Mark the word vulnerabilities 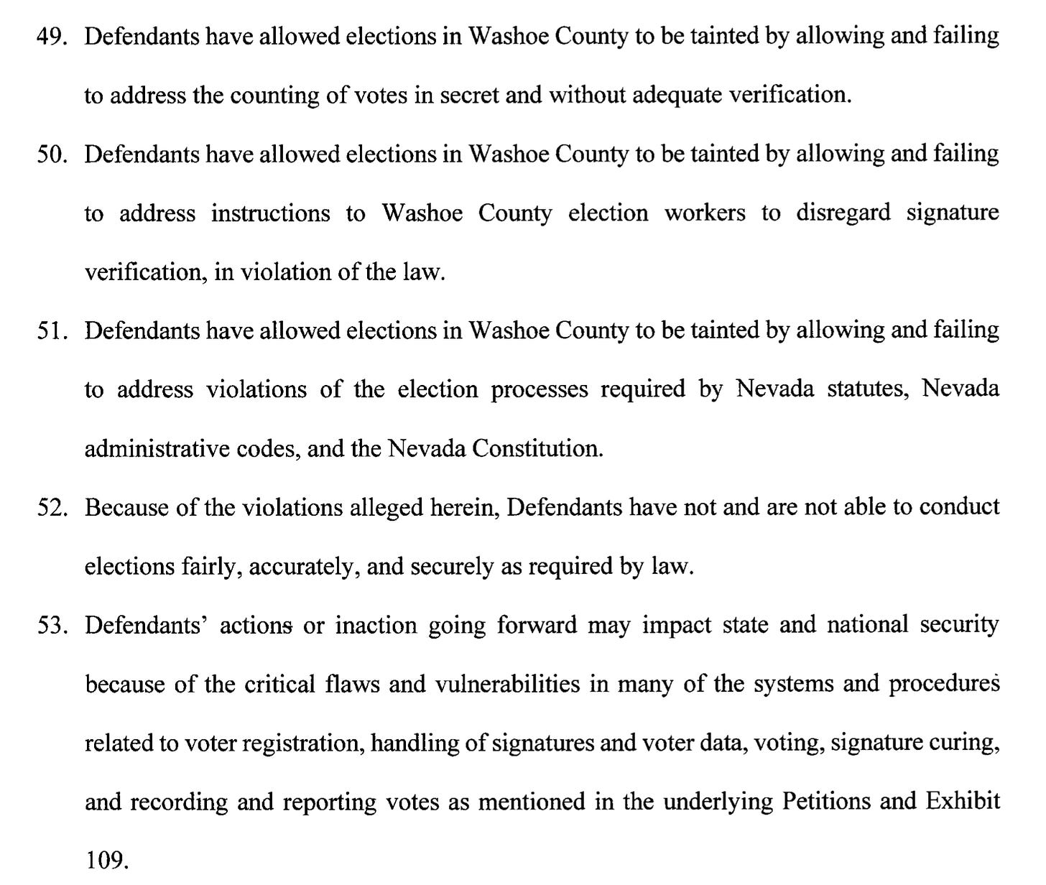coord(507,685)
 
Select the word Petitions coord(818,802)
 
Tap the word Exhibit coord(962,801)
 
